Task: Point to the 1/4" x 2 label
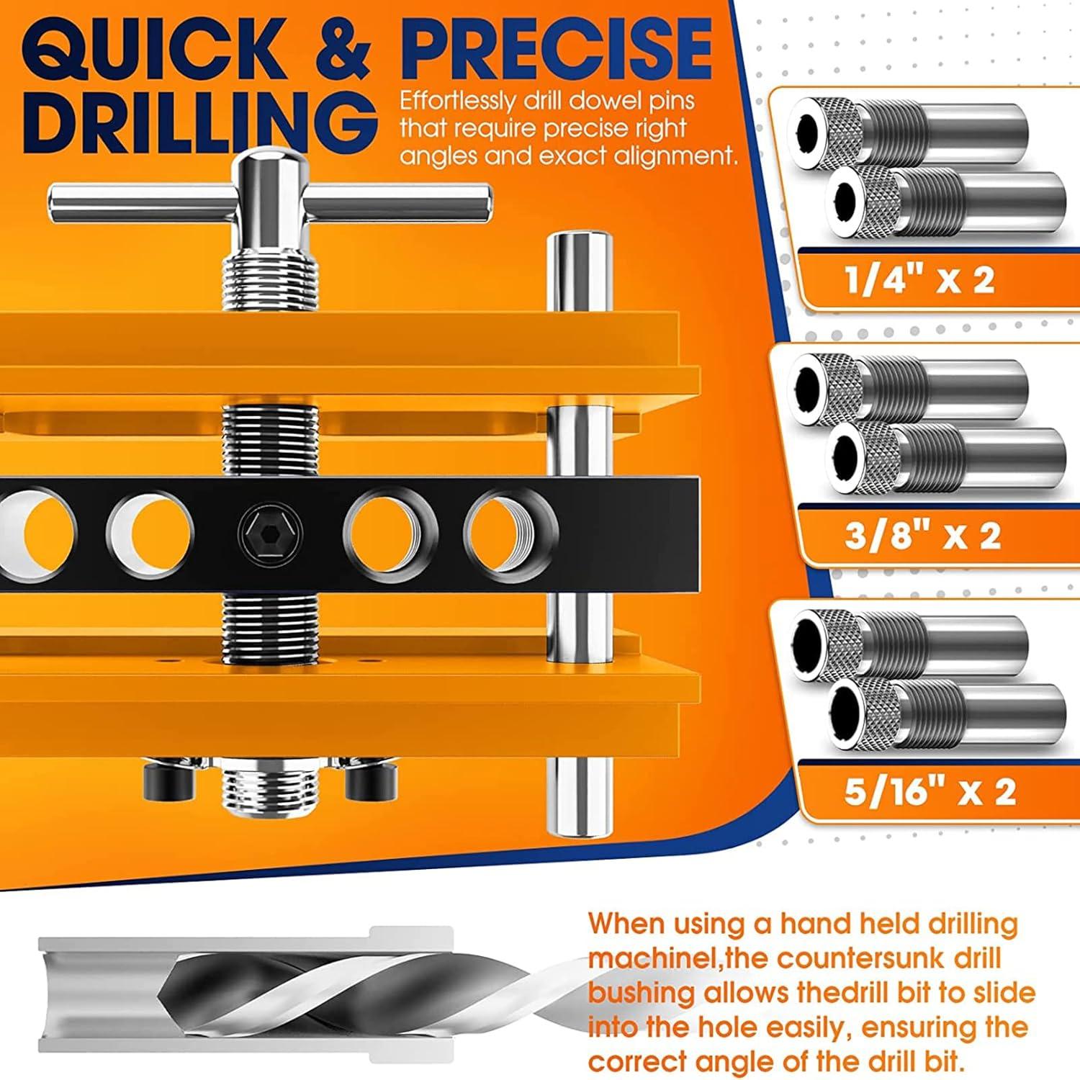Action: pyautogui.click(x=919, y=279)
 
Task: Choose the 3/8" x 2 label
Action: pyautogui.click(x=922, y=535)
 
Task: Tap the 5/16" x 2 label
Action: pyautogui.click(x=930, y=791)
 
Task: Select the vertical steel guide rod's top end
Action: pyautogui.click(x=579, y=245)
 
